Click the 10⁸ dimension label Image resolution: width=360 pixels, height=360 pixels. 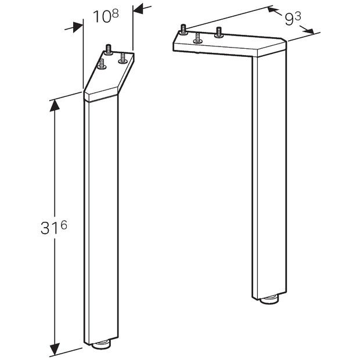coord(106,17)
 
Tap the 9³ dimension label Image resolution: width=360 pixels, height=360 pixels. coord(293,20)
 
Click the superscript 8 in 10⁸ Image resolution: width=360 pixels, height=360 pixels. coord(115,13)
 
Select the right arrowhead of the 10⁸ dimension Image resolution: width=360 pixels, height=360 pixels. coord(138,8)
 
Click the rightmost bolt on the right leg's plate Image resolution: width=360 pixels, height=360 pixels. coord(219,32)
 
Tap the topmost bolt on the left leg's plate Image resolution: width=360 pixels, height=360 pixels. coord(108,49)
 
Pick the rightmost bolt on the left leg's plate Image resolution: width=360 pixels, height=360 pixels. coord(123,58)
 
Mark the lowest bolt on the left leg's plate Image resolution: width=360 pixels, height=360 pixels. coord(102,64)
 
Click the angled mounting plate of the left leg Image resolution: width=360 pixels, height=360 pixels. coord(110,75)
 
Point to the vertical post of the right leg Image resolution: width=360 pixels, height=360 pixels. coord(270,174)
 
